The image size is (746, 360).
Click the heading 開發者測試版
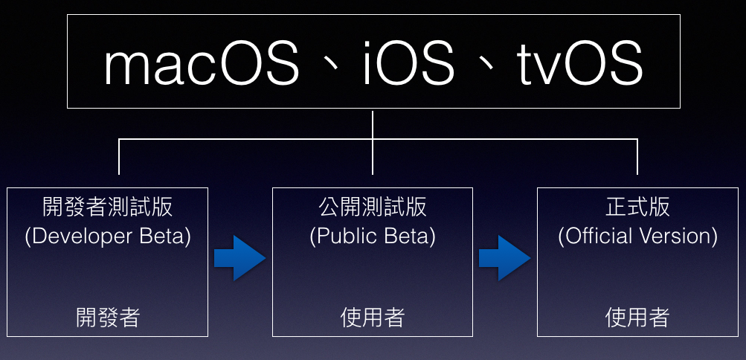tap(108, 206)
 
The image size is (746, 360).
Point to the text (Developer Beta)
tap(108, 237)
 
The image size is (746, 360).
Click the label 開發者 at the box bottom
tap(108, 318)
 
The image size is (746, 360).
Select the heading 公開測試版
tap(373, 206)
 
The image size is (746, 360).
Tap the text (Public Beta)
tap(373, 237)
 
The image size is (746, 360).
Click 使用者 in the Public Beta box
tap(373, 318)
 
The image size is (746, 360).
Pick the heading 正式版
tap(637, 206)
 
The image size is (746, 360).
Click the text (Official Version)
tap(637, 237)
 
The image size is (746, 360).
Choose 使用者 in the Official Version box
tap(637, 318)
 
